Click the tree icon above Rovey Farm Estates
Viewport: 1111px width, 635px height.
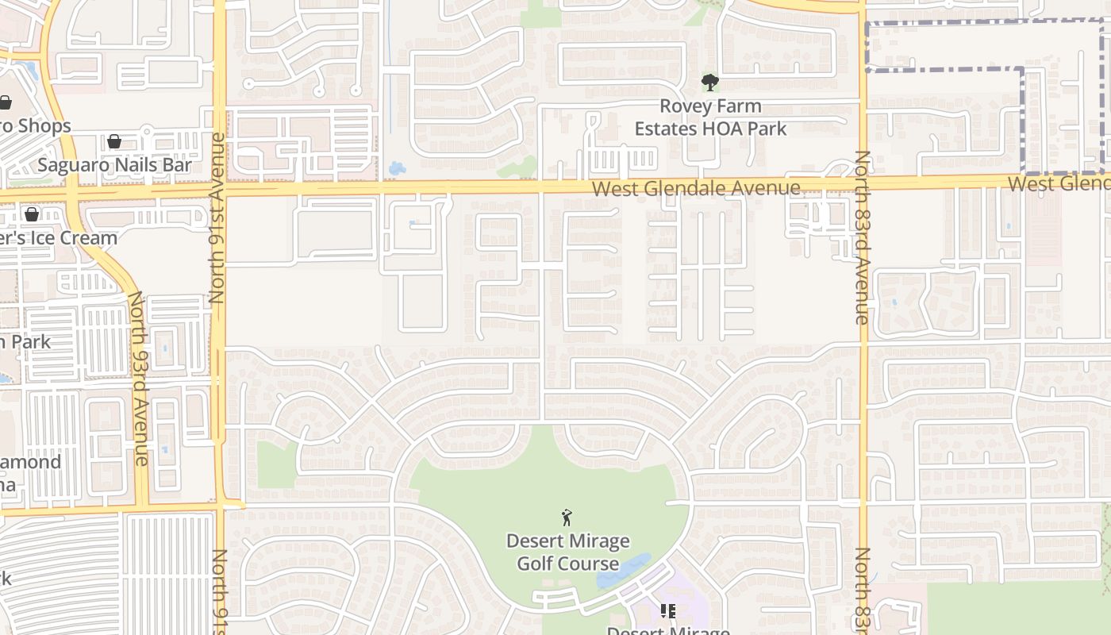click(x=709, y=82)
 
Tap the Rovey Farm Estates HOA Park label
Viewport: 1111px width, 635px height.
click(x=711, y=117)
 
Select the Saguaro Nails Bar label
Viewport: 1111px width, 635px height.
click(x=115, y=165)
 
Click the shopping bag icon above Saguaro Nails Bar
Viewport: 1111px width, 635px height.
click(x=114, y=141)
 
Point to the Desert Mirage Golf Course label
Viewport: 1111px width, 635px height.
click(x=568, y=552)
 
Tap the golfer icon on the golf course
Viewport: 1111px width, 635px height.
click(x=567, y=518)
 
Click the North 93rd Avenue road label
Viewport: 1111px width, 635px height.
click(x=139, y=378)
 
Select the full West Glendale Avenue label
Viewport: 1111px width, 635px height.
click(x=696, y=188)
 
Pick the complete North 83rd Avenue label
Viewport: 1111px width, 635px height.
click(x=863, y=237)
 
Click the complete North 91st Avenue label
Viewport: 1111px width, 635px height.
click(x=217, y=218)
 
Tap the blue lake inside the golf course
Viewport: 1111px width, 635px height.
click(x=624, y=571)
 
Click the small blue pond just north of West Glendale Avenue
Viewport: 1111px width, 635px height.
click(x=396, y=168)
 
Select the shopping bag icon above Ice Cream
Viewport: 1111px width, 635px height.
click(x=32, y=214)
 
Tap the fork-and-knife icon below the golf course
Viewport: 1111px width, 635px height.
click(x=667, y=611)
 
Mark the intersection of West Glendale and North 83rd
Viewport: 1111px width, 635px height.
click(x=863, y=183)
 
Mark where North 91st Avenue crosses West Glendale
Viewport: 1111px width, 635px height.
click(x=219, y=190)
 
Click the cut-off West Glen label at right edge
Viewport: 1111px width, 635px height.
click(x=1059, y=183)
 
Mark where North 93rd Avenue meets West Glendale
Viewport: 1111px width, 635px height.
click(x=73, y=193)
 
